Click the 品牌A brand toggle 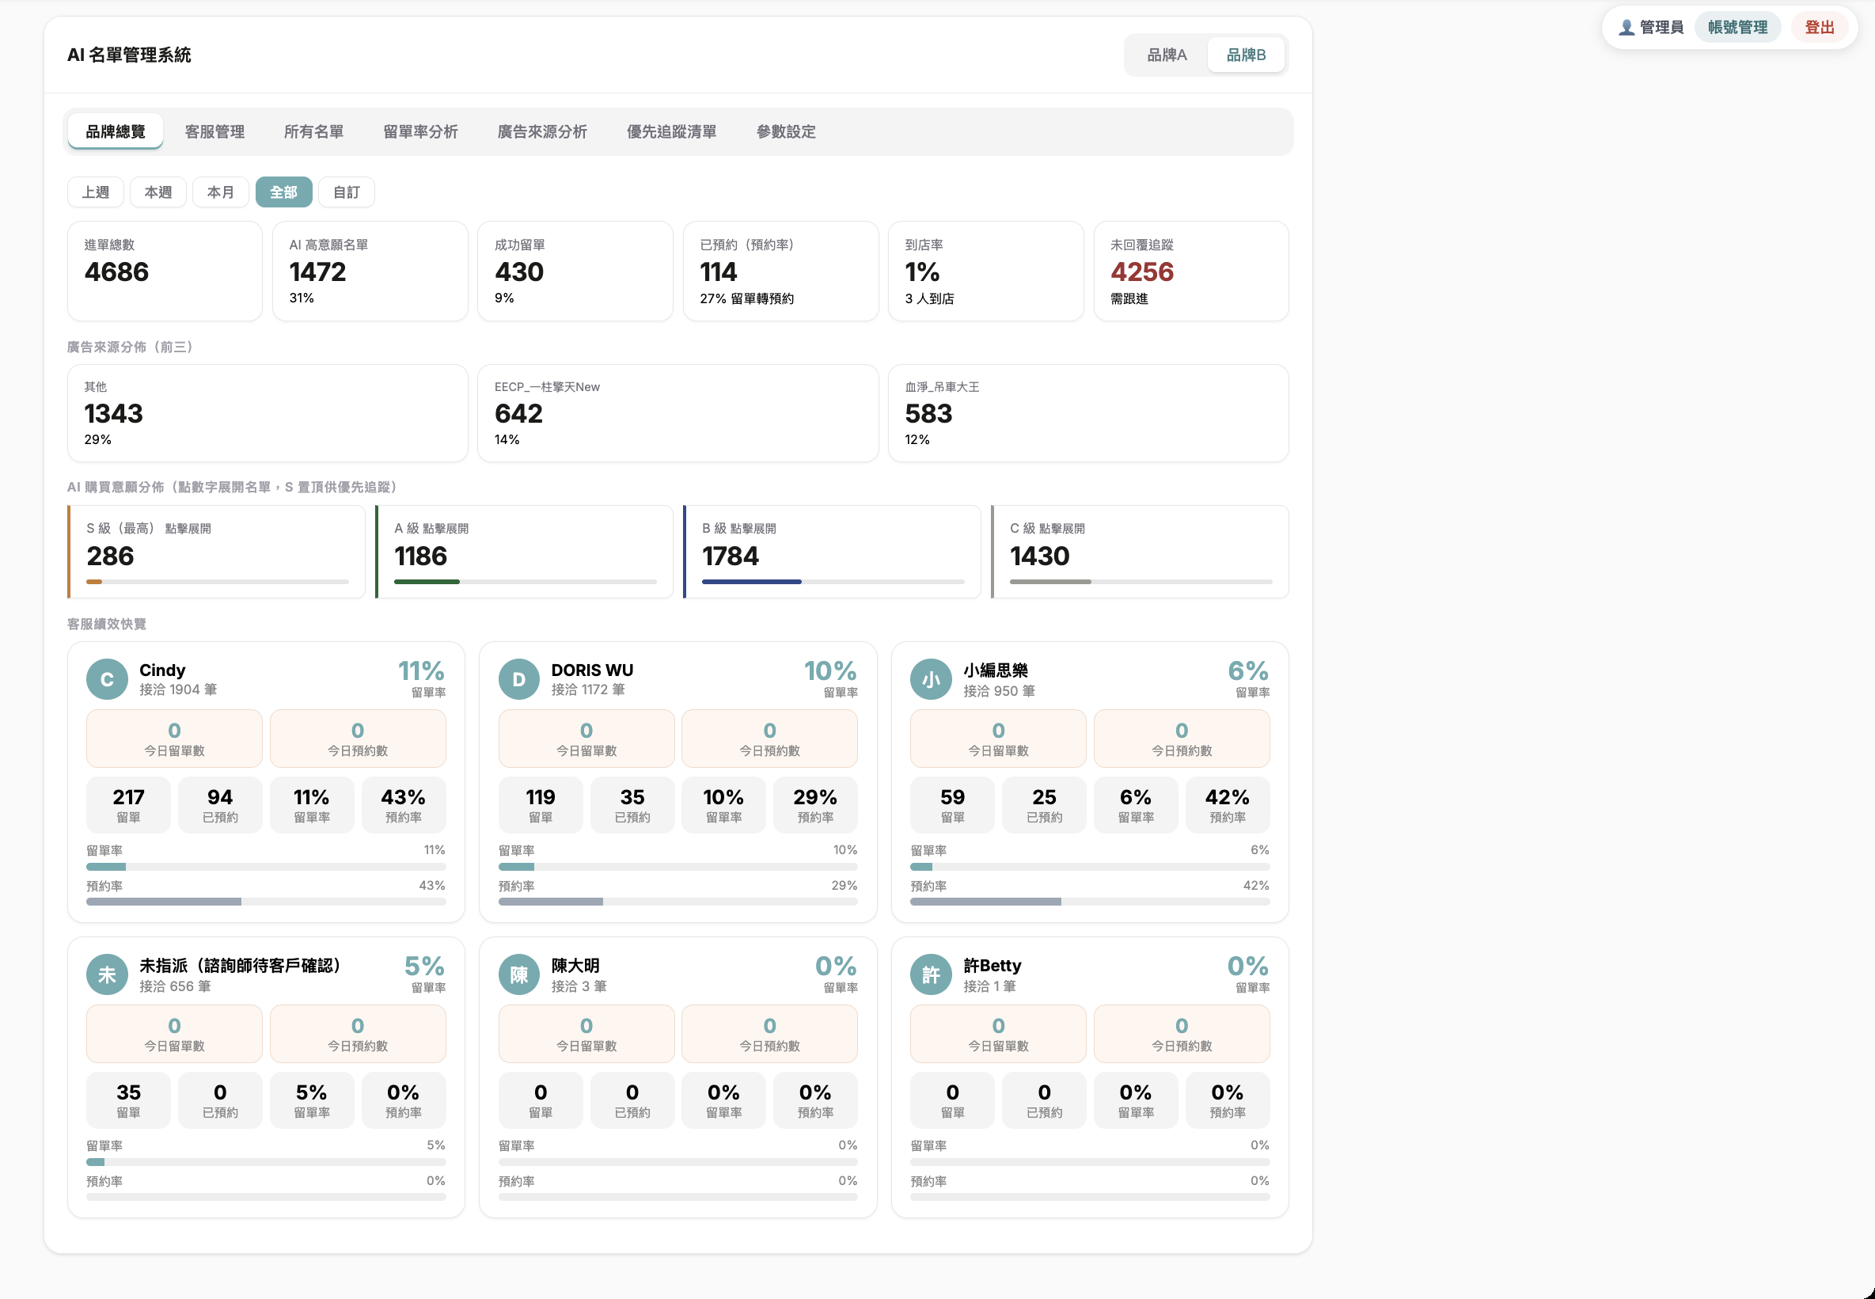[x=1166, y=55]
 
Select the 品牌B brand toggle [x=1246, y=55]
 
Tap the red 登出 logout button [x=1820, y=28]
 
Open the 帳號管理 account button [x=1737, y=28]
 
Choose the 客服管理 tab [x=214, y=132]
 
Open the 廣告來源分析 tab [x=542, y=132]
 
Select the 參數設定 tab [x=786, y=132]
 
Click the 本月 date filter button [x=221, y=192]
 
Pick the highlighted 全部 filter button [x=283, y=192]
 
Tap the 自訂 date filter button [x=347, y=192]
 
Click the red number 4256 [x=1142, y=272]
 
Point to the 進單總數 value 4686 [x=116, y=272]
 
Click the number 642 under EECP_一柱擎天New [x=518, y=413]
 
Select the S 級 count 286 [x=110, y=556]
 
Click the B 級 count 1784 [x=730, y=556]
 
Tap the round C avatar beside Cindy [x=108, y=680]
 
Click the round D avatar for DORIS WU [x=519, y=680]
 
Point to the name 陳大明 [x=575, y=965]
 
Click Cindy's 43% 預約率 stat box [x=403, y=805]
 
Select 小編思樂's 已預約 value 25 [x=1044, y=798]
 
